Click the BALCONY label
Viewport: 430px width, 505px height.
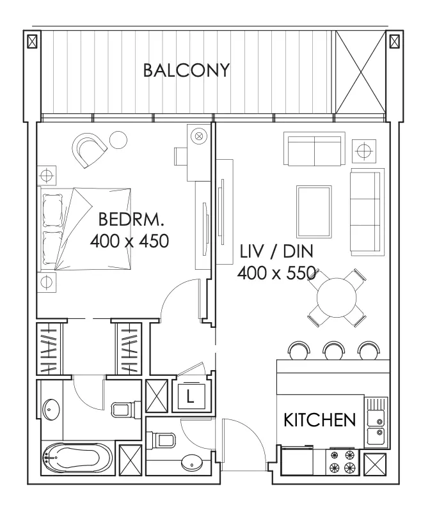186,70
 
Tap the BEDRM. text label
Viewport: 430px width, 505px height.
131,219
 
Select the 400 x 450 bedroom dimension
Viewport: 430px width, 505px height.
130,241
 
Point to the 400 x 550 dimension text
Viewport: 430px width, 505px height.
276,273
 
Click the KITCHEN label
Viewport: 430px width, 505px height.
319,420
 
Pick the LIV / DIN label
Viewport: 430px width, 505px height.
276,251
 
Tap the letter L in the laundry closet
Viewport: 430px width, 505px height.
190,396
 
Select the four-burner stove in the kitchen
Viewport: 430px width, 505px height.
342,462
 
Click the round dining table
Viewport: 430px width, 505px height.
337,298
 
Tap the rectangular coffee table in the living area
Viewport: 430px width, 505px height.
314,212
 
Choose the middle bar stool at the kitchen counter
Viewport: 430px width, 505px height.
334,350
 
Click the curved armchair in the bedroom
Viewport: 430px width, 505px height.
89,150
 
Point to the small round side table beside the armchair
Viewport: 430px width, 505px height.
118,140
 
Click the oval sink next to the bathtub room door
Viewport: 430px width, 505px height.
51,409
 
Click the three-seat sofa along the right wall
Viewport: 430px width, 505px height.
367,212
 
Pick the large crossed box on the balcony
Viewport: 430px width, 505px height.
360,72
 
